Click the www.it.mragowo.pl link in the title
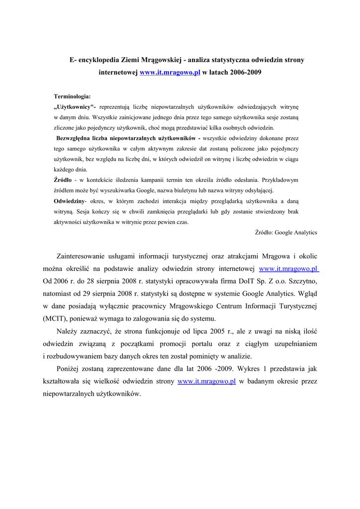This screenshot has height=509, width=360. coord(170,73)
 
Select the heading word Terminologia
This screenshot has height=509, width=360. coord(72,96)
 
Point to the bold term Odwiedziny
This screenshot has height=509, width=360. coord(69,201)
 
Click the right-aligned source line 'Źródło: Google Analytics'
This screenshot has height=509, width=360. coord(286,232)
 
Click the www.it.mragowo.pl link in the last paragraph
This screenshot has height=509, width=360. coord(206,382)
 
